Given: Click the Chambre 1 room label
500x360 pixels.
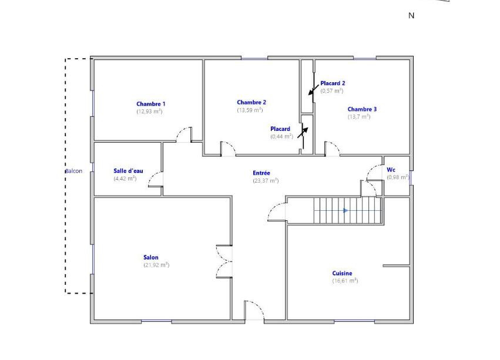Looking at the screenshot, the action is click(151, 104).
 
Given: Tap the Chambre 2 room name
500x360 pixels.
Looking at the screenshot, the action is click(251, 102).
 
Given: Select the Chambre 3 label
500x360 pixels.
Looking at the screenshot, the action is click(362, 109).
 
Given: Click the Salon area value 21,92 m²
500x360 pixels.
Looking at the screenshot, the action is click(156, 265).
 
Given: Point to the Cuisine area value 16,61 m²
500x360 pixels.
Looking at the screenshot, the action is click(345, 281).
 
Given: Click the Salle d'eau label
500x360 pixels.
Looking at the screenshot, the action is click(128, 171).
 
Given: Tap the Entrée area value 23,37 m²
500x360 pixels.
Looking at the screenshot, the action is click(266, 181).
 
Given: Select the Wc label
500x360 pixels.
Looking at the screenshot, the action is click(391, 170).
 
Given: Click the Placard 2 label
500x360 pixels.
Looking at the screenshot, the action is click(333, 83).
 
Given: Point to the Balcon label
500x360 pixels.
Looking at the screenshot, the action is click(73, 171).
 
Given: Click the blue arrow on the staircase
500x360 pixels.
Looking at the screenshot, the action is click(345, 210).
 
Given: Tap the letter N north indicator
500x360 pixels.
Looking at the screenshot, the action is click(411, 16).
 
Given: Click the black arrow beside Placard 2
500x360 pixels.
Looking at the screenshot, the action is click(314, 90).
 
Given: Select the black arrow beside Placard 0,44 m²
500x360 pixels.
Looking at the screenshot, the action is click(303, 133).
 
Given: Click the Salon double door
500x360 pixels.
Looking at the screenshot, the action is click(224, 261).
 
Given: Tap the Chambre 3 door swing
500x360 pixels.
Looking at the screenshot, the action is click(332, 149).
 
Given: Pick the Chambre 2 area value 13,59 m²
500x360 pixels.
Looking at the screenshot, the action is click(250, 110).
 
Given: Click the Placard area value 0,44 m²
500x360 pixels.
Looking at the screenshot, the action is click(281, 136).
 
